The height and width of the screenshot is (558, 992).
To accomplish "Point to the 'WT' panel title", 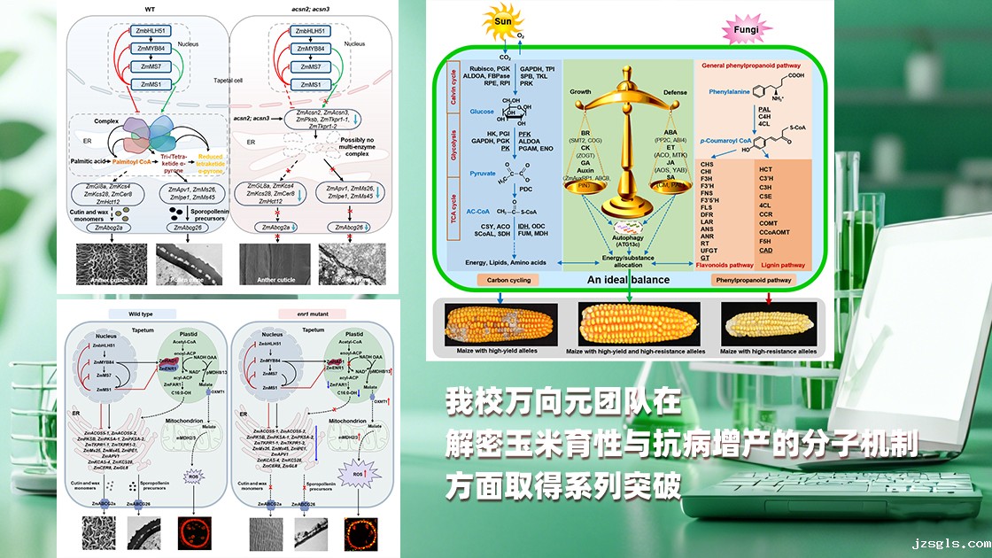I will click(x=150, y=10).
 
